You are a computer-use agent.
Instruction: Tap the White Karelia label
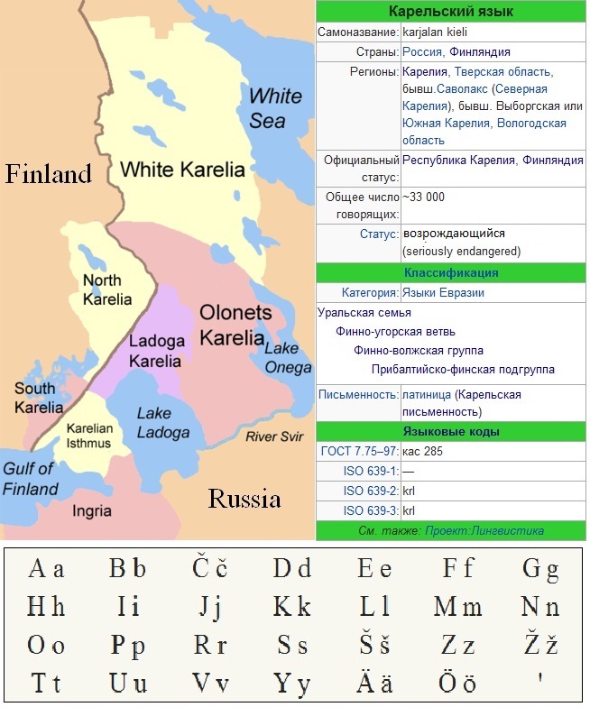tap(182, 169)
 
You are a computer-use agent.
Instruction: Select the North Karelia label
tap(106, 289)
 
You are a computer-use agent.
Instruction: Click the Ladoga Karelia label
tap(155, 352)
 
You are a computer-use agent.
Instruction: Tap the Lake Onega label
tap(288, 358)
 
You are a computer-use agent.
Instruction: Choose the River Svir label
tap(277, 436)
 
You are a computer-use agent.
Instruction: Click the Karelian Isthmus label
tap(89, 435)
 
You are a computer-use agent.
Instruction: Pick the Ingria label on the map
tap(92, 511)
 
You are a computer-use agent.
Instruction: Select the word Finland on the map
tap(49, 173)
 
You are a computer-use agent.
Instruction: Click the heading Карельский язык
tap(450, 12)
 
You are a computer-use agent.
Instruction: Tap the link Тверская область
tap(503, 71)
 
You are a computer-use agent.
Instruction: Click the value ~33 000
tap(424, 197)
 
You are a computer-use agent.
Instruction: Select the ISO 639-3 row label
tap(371, 510)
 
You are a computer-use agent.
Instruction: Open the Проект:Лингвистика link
tap(484, 531)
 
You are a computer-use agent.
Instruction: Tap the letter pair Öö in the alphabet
tap(457, 683)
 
